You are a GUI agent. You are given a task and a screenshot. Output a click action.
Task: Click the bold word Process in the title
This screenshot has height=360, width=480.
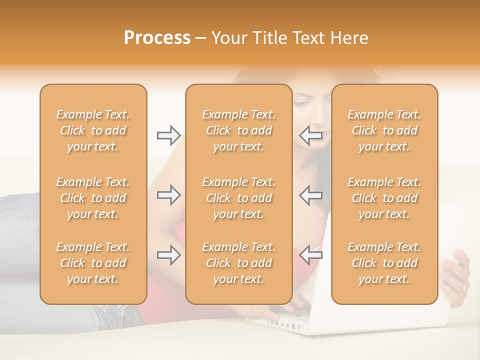(x=157, y=38)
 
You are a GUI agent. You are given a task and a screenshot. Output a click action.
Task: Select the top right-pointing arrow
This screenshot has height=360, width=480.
(x=168, y=135)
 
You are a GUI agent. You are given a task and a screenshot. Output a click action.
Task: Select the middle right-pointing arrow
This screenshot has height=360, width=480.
(x=168, y=195)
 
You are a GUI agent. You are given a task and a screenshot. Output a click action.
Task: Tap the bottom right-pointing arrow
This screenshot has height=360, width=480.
(x=168, y=255)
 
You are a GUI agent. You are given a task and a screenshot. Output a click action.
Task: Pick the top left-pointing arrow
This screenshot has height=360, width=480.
(x=310, y=135)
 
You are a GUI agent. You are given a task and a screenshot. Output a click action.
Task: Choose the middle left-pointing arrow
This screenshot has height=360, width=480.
(x=310, y=195)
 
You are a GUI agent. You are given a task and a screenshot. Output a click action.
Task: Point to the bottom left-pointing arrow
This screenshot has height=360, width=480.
(x=310, y=255)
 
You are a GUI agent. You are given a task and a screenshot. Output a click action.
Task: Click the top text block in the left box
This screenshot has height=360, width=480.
(x=93, y=130)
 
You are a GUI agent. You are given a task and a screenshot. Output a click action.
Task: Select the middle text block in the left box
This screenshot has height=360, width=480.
(x=93, y=198)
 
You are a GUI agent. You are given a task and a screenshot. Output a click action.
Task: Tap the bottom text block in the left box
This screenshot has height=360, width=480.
(x=93, y=263)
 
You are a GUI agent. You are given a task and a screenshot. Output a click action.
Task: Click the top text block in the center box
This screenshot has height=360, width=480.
(x=239, y=130)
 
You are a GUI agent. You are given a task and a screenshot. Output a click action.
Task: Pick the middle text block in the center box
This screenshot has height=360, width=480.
(x=239, y=198)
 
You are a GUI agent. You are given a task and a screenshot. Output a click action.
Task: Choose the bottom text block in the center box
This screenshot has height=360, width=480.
(x=239, y=263)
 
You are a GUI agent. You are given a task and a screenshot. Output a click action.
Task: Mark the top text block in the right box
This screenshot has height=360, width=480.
(x=384, y=130)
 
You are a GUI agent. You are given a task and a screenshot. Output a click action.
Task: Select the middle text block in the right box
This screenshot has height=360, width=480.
(x=384, y=198)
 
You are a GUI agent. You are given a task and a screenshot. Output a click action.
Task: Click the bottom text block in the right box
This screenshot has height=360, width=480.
(x=384, y=263)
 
